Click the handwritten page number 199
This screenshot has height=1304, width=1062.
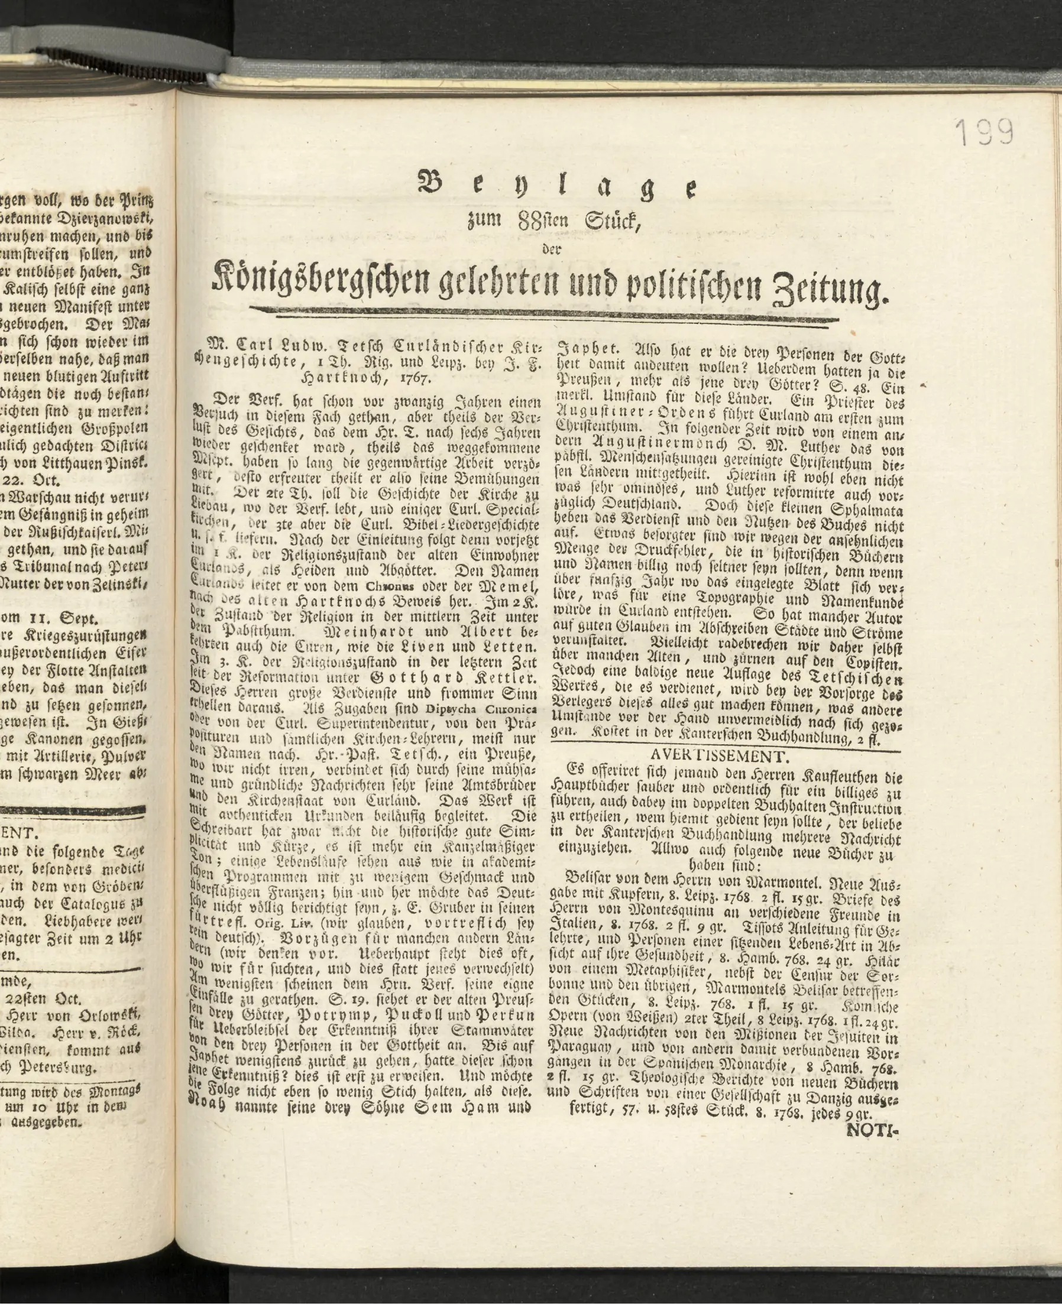(x=985, y=131)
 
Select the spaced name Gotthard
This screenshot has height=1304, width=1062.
(x=412, y=677)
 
